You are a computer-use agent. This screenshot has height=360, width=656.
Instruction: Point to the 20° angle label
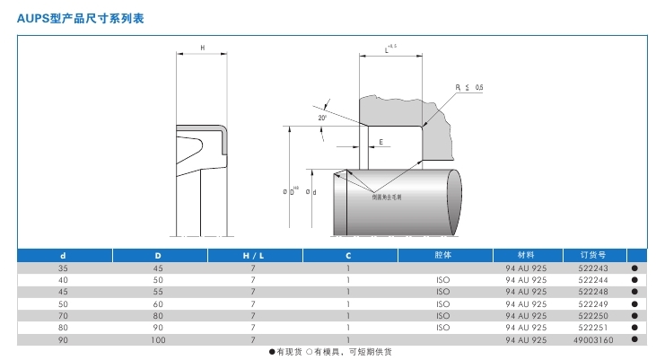(x=322, y=118)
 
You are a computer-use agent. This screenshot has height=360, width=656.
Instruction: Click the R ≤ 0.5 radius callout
(x=469, y=87)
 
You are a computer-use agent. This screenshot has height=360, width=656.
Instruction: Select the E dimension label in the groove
(x=381, y=143)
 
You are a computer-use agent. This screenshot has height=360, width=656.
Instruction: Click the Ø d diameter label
(x=311, y=192)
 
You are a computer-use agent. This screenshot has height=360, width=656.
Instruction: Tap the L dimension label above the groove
(x=388, y=48)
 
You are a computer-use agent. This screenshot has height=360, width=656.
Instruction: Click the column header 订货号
(x=594, y=255)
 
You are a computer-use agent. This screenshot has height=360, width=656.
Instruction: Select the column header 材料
(x=527, y=255)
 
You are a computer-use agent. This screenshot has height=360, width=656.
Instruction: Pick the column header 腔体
(x=442, y=255)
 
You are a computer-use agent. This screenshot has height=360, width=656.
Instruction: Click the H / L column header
(x=254, y=256)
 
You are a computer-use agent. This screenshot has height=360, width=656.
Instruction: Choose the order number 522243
(x=594, y=268)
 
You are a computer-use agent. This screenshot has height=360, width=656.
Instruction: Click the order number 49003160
(x=594, y=340)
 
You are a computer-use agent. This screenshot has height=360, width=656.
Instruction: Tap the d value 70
(x=63, y=316)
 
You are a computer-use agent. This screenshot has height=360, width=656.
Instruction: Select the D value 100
(x=159, y=340)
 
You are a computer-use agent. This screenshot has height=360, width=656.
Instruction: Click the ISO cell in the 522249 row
(x=442, y=303)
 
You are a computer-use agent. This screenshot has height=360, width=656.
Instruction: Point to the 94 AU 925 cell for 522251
(x=527, y=328)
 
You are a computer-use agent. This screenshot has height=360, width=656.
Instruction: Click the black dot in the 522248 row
(x=634, y=292)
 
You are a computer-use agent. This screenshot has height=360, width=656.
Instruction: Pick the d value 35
(x=63, y=268)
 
